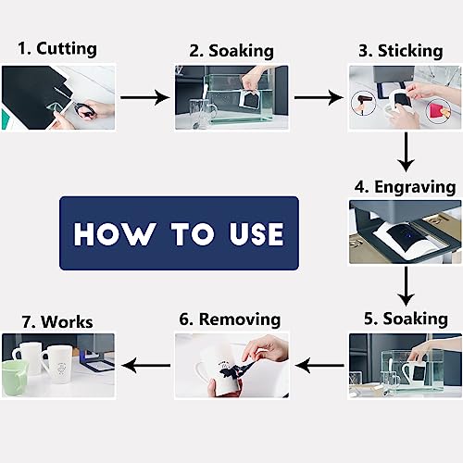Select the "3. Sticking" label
point(405,49)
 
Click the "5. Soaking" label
point(405,319)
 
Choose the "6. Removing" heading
point(230,319)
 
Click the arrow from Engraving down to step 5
point(405,284)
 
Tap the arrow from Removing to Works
point(144,366)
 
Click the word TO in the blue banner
point(182,233)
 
